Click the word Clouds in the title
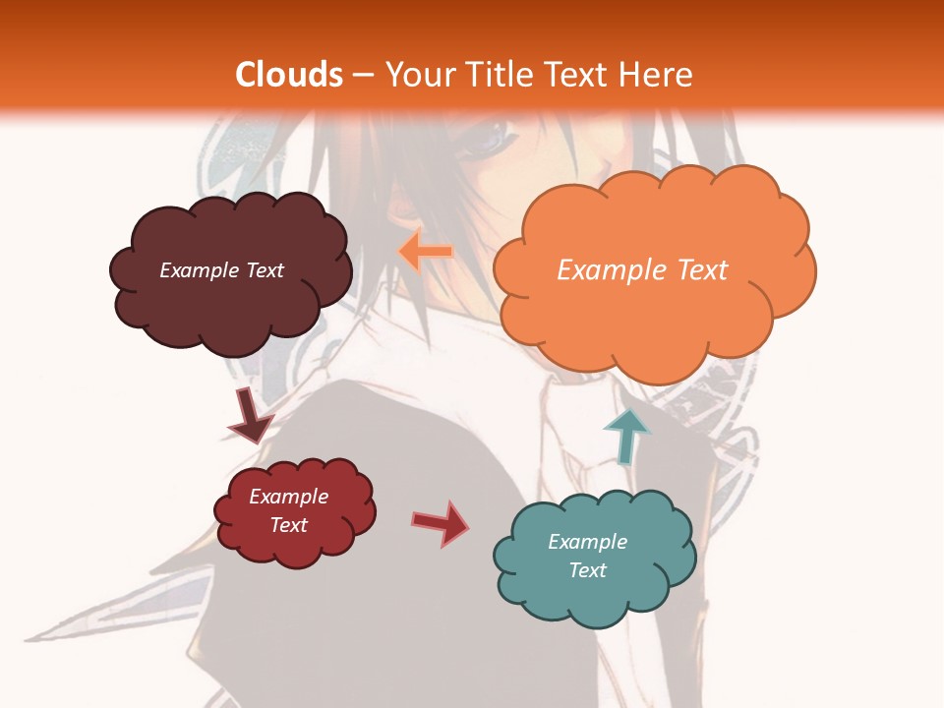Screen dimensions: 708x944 289,75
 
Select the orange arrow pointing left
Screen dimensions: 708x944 425,252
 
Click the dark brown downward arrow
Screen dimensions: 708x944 250,416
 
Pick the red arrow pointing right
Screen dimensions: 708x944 442,522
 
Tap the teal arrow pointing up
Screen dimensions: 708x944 626,434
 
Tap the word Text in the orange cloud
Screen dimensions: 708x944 701,270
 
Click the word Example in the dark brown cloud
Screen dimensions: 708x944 200,270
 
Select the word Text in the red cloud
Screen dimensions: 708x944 289,525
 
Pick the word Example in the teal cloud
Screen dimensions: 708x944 587,542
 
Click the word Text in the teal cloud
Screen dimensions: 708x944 587,570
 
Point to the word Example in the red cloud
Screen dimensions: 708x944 289,497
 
